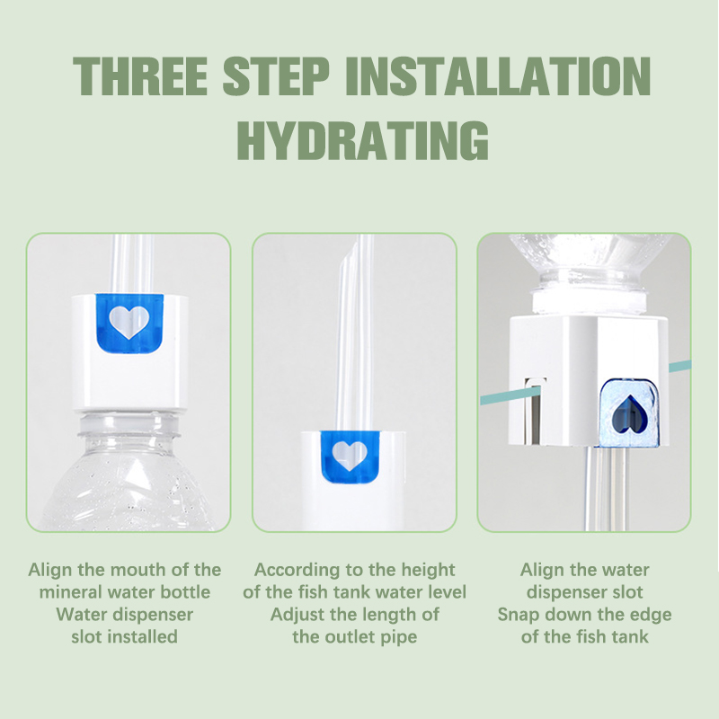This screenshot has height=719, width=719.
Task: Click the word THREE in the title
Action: point(140,76)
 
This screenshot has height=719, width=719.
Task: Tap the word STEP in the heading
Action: point(276,76)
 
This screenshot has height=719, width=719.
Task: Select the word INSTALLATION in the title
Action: point(498,76)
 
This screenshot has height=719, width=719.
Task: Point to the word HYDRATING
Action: point(363,140)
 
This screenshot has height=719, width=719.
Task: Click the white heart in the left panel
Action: point(129,322)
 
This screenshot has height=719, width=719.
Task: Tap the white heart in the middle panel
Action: point(350,456)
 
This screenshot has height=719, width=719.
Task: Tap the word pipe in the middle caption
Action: point(398,637)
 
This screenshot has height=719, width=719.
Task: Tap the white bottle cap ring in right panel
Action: point(590,299)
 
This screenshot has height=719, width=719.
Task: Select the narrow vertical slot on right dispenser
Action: point(533,411)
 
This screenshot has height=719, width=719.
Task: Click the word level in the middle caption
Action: point(446,592)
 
